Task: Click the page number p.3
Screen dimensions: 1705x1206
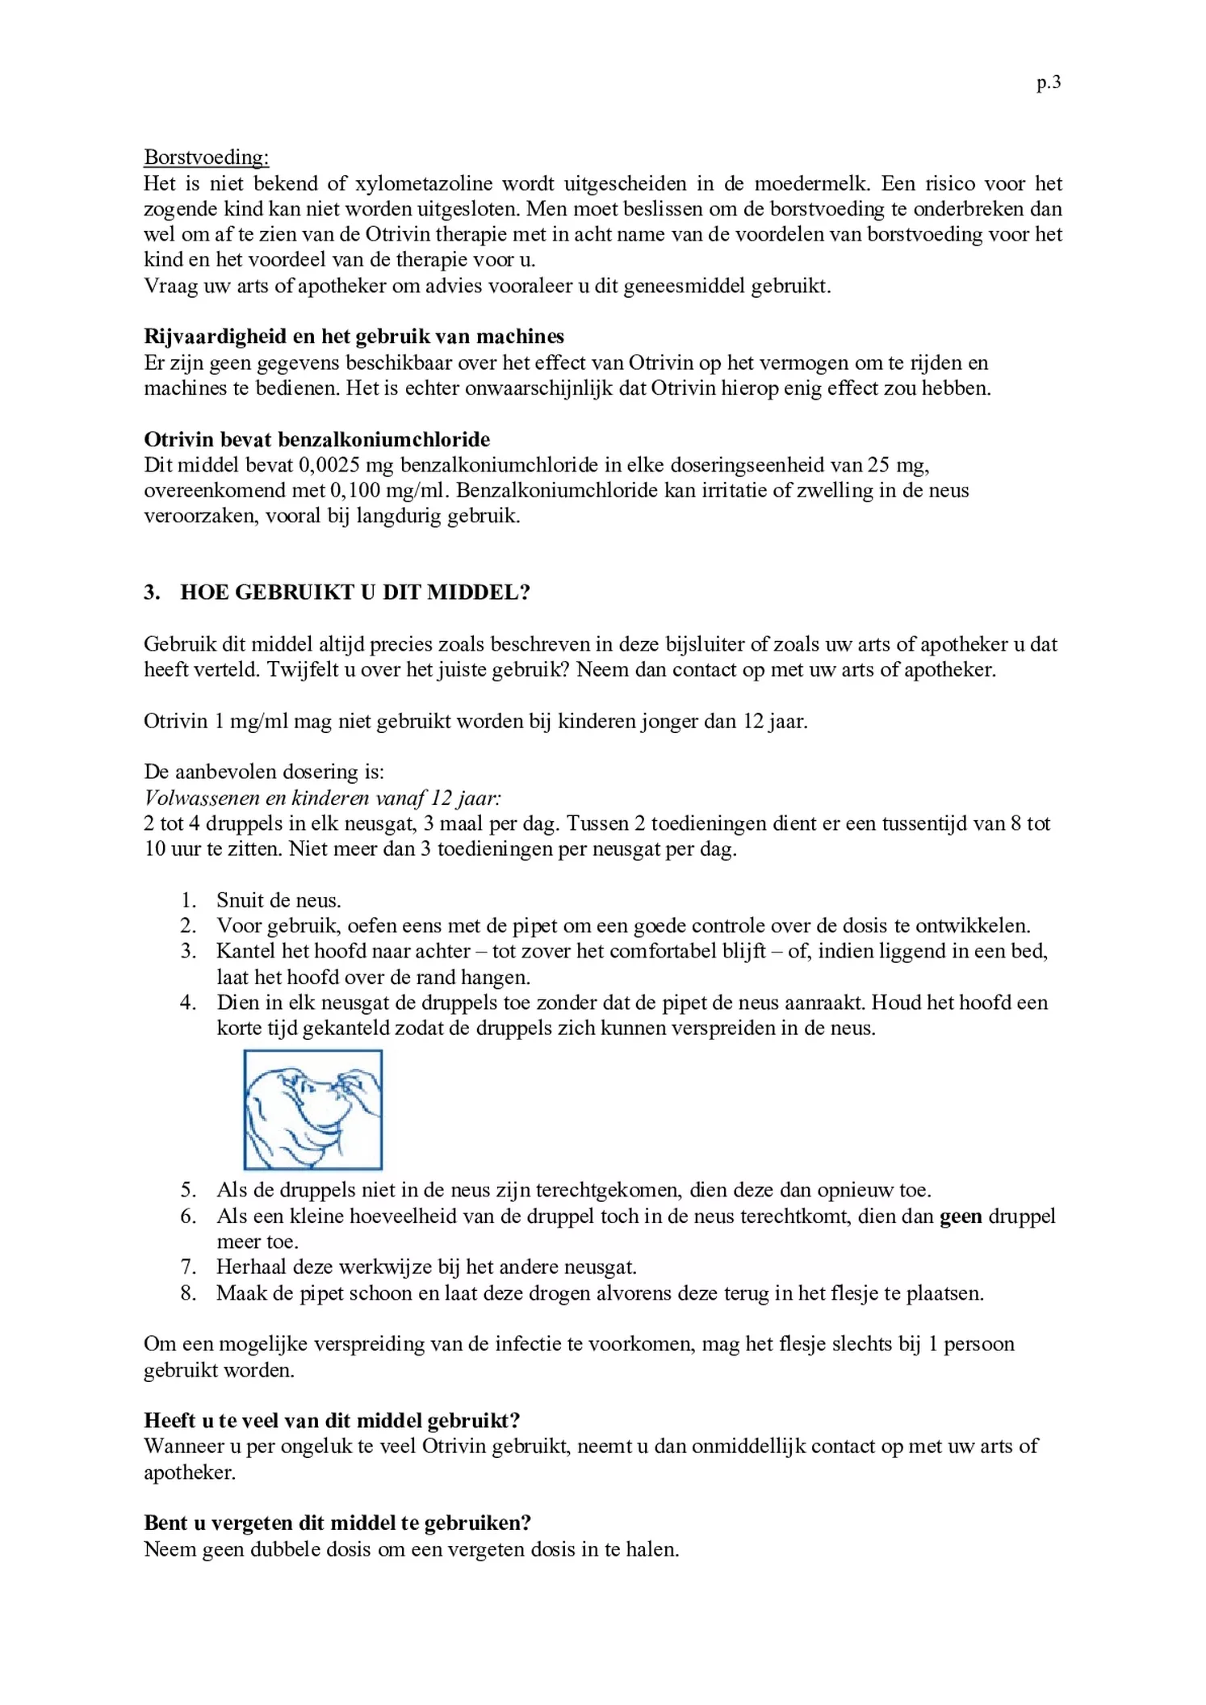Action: [1048, 82]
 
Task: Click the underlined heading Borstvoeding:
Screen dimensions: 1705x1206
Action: [206, 157]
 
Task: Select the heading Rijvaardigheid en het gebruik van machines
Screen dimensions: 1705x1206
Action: [354, 336]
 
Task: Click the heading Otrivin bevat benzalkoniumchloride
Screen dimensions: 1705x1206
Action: [316, 439]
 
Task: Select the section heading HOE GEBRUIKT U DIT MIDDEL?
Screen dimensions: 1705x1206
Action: [355, 592]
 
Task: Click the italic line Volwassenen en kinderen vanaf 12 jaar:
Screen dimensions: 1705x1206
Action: [322, 798]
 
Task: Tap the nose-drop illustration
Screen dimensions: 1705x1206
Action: [312, 1109]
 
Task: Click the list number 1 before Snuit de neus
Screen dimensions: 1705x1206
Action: [188, 900]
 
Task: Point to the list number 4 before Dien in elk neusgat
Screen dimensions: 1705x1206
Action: [188, 1003]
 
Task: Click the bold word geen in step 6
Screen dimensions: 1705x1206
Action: [960, 1216]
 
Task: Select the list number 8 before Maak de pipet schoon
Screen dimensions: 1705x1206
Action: [188, 1292]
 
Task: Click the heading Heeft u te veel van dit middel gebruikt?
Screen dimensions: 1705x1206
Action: [332, 1420]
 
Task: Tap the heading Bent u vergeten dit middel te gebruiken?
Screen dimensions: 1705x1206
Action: [337, 1523]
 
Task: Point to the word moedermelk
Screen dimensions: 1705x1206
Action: [810, 183]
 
